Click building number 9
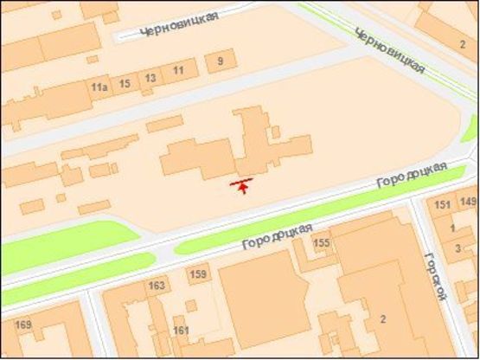click(x=221, y=61)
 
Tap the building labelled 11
click(x=179, y=70)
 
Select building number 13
click(x=150, y=79)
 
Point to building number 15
click(x=125, y=83)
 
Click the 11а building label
click(x=99, y=87)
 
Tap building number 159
click(x=198, y=275)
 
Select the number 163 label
click(x=157, y=285)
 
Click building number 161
click(x=181, y=331)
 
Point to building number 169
click(x=23, y=325)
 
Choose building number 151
click(x=443, y=205)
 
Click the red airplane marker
click(x=242, y=185)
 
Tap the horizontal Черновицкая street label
click(x=172, y=24)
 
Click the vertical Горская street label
click(x=436, y=276)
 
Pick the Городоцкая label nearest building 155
click(x=277, y=232)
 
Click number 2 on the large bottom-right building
click(x=383, y=320)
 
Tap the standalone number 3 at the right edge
click(x=458, y=248)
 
